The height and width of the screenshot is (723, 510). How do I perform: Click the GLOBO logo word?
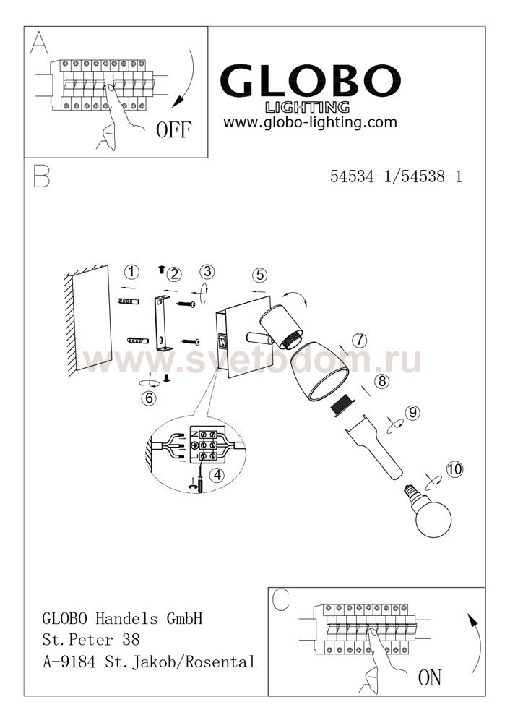(310, 81)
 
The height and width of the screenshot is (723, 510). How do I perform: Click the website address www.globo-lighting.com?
(310, 122)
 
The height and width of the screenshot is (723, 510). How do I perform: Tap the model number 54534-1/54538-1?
(396, 176)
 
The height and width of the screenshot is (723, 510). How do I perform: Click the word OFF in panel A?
(173, 129)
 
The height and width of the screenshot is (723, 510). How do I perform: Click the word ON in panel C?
(430, 677)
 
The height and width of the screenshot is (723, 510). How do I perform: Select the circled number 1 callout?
(132, 272)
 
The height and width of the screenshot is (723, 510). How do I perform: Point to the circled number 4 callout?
(217, 474)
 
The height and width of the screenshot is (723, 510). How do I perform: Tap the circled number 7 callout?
(359, 341)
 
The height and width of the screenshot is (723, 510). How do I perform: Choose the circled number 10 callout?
(454, 469)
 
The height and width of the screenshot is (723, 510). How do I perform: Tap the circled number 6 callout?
(149, 398)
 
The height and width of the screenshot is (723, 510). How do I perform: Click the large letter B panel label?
(41, 176)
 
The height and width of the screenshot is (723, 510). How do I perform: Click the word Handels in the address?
(126, 618)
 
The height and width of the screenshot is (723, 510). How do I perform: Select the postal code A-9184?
(69, 662)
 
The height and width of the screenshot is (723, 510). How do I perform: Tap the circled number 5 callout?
(260, 275)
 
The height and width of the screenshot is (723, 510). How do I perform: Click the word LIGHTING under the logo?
(307, 108)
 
